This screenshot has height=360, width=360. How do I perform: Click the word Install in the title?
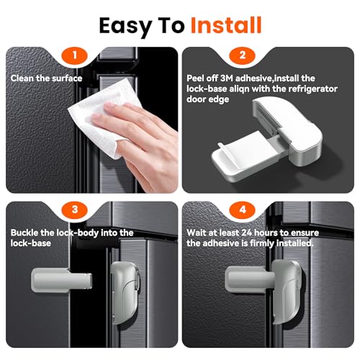[225, 25]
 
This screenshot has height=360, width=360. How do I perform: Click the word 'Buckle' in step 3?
[27, 233]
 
